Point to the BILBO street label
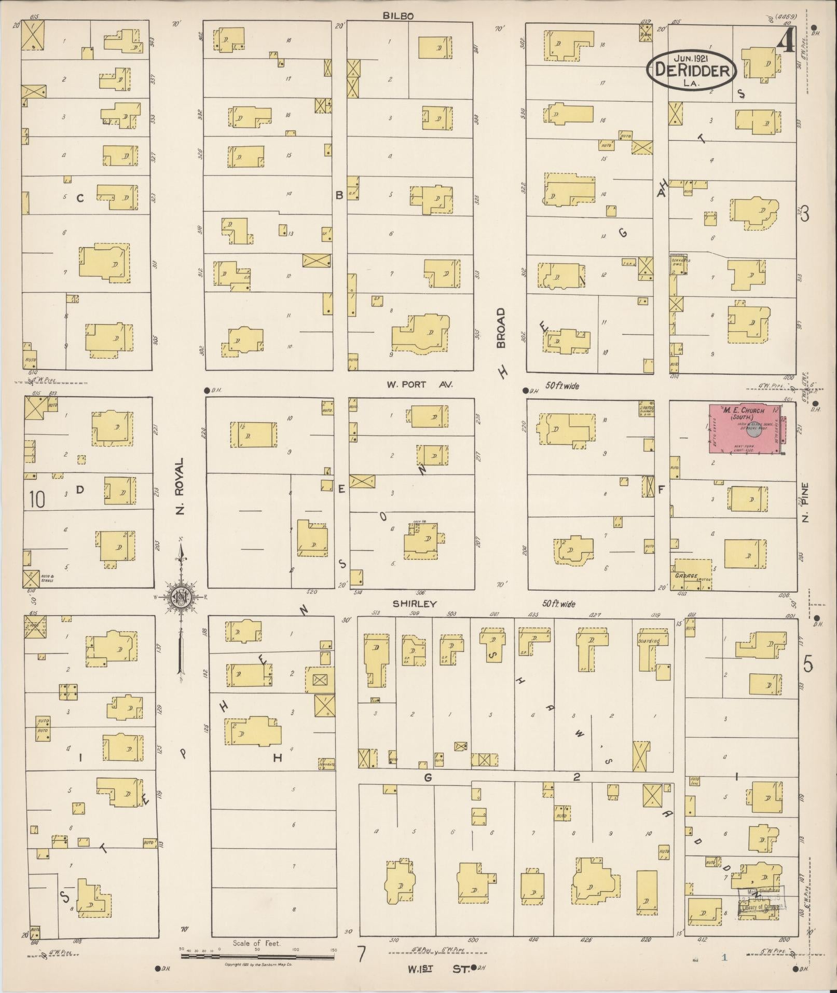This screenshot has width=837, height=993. pyautogui.click(x=398, y=16)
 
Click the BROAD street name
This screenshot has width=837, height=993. pyautogui.click(x=500, y=328)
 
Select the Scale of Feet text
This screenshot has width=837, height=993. pyautogui.click(x=256, y=943)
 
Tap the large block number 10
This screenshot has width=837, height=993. pyautogui.click(x=37, y=500)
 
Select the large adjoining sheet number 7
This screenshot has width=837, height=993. pyautogui.click(x=361, y=954)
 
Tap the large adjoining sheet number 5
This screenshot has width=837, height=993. pyautogui.click(x=807, y=664)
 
